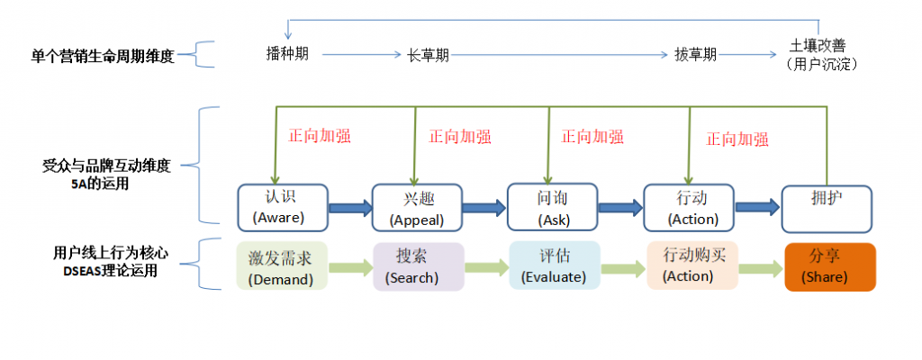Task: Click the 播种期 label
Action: pyautogui.click(x=287, y=54)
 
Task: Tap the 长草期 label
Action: pyautogui.click(x=428, y=55)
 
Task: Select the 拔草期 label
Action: pyautogui.click(x=696, y=55)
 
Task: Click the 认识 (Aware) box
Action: pyautogui.click(x=282, y=208)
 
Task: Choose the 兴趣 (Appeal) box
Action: pyautogui.click(x=418, y=208)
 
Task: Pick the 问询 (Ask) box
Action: pyautogui.click(x=553, y=208)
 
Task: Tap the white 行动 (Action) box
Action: pyautogui.click(x=689, y=208)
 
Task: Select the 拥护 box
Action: pyautogui.click(x=827, y=208)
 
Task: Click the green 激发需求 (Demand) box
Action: pyautogui.click(x=282, y=265)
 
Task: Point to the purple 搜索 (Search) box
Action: pyautogui.click(x=419, y=266)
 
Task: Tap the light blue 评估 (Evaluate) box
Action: pyautogui.click(x=555, y=265)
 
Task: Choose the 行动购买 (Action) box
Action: pyautogui.click(x=692, y=265)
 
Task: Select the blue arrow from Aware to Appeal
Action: pyautogui.click(x=350, y=208)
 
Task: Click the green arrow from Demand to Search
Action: pyautogui.click(x=350, y=267)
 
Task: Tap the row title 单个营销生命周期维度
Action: pyautogui.click(x=103, y=57)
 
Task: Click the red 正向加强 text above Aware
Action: pyautogui.click(x=320, y=136)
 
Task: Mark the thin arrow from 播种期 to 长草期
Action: pyautogui.click(x=361, y=55)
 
